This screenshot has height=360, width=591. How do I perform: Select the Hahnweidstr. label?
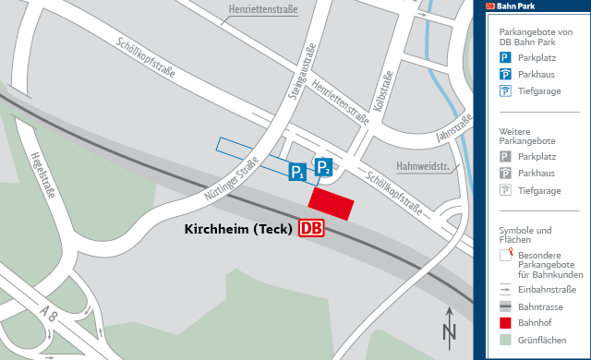pyautogui.click(x=422, y=167)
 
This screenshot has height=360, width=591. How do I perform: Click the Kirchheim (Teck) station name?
pyautogui.click(x=239, y=228)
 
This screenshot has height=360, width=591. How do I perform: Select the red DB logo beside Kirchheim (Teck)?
pyautogui.click(x=311, y=228)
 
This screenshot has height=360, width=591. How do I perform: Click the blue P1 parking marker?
pyautogui.click(x=297, y=172)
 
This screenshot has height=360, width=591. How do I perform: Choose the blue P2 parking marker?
pyautogui.click(x=323, y=167)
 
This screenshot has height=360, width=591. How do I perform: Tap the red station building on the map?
pyautogui.click(x=332, y=205)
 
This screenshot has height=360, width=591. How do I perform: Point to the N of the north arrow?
pyautogui.click(x=450, y=332)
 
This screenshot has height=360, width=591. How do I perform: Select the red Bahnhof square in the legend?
pyautogui.click(x=505, y=322)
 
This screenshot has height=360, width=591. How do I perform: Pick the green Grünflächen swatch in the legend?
pyautogui.click(x=505, y=339)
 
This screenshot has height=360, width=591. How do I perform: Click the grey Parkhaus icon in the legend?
pyautogui.click(x=505, y=174)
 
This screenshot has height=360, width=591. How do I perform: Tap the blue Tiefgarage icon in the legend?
pyautogui.click(x=505, y=90)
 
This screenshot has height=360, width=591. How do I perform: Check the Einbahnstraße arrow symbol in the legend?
pyautogui.click(x=505, y=289)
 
